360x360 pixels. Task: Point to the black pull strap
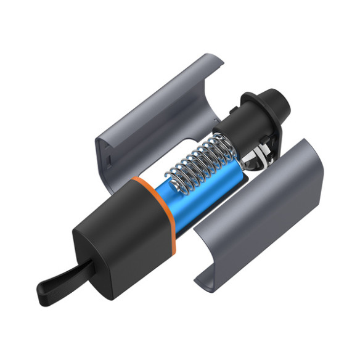[68, 277]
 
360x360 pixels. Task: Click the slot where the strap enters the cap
[92, 267]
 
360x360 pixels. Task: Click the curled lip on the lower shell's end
[207, 280]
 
